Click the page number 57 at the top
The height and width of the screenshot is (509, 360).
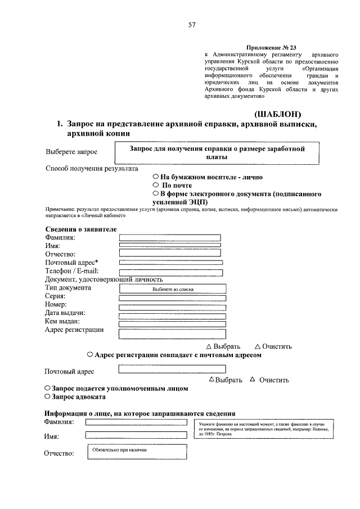(x=191, y=25)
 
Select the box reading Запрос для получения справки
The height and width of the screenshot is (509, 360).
(x=217, y=153)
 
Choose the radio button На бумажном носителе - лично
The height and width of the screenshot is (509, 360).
(x=155, y=177)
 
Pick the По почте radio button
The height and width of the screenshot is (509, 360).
(x=155, y=185)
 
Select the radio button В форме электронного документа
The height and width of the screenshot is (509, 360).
(x=155, y=193)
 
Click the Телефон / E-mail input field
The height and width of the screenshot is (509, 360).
(x=171, y=272)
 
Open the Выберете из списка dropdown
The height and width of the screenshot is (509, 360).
(x=173, y=289)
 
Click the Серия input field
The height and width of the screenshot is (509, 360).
(x=173, y=298)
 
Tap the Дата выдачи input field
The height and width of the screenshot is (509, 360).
(x=173, y=315)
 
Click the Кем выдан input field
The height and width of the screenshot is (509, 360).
(x=173, y=324)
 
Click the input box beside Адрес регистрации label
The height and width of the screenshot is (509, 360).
(x=173, y=334)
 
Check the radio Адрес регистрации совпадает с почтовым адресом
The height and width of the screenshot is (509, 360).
(x=90, y=355)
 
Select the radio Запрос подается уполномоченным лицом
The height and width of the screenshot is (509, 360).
(x=47, y=389)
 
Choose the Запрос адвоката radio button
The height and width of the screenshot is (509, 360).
(x=47, y=397)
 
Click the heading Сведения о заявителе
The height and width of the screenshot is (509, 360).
(x=80, y=229)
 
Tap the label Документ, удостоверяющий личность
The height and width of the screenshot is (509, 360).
(x=103, y=280)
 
